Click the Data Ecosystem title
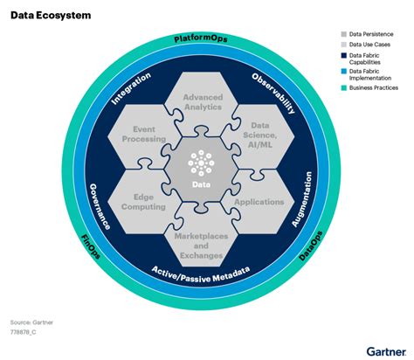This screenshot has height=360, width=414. [x=52, y=17]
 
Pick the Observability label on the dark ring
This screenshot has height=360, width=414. [x=273, y=93]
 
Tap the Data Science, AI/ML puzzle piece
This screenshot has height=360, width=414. [x=259, y=134]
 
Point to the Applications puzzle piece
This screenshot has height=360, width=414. [x=260, y=201]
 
